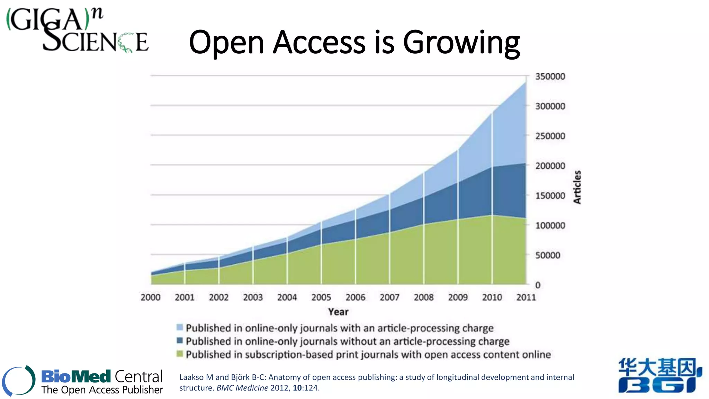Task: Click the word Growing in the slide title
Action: [461, 43]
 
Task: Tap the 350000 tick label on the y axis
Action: [550, 77]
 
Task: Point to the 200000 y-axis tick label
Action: [550, 166]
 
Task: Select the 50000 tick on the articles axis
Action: [548, 255]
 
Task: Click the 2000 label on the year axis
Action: [151, 297]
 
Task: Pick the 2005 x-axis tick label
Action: [321, 297]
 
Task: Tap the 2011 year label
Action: [526, 297]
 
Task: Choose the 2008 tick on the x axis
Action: [424, 297]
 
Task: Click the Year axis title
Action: [338, 312]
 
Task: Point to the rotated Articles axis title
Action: [577, 187]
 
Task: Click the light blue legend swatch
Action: [180, 327]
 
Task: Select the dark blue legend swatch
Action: [180, 340]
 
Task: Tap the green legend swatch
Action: [180, 354]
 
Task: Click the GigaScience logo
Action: [78, 30]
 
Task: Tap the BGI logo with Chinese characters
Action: [660, 376]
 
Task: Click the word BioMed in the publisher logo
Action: [76, 376]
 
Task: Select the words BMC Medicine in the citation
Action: [242, 388]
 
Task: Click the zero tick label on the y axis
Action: [538, 285]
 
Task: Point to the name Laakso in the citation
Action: [191, 377]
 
